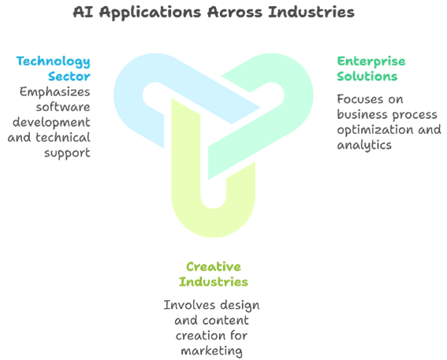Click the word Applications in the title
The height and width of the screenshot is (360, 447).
[151, 13]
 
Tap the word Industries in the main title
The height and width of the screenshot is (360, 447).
[311, 12]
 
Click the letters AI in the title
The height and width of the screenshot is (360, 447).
[83, 12]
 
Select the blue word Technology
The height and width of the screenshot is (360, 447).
[54, 61]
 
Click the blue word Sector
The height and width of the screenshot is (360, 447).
[69, 76]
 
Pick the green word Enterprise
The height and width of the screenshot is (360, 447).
[371, 61]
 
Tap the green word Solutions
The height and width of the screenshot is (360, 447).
[367, 76]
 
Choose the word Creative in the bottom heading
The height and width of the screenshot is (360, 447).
[214, 266]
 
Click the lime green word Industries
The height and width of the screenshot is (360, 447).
[213, 282]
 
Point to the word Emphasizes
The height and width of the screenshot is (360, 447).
[54, 92]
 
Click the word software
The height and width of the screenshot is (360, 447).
[63, 107]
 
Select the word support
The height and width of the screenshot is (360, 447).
[67, 154]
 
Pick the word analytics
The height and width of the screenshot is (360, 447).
[364, 145]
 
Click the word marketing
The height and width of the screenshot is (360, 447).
[212, 351]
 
